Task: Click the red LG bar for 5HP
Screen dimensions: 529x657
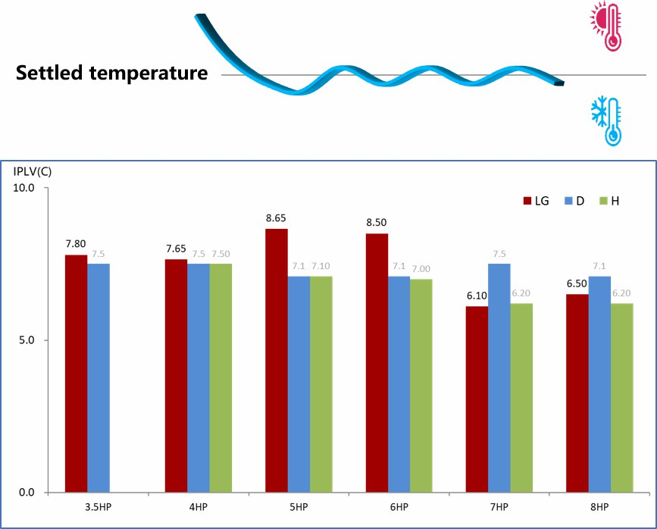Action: click(x=277, y=360)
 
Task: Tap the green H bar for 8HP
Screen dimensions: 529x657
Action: click(x=621, y=397)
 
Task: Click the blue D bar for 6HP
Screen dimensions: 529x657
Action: click(x=399, y=383)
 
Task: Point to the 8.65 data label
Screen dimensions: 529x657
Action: click(x=276, y=218)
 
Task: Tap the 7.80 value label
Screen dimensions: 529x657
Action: click(x=76, y=244)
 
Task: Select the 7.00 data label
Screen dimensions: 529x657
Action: click(x=421, y=268)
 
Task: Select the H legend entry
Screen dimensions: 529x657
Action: click(x=609, y=201)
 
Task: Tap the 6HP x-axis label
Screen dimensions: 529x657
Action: click(x=399, y=506)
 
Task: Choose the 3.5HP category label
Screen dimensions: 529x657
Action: click(x=99, y=506)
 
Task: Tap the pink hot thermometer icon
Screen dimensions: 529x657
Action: click(x=606, y=27)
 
